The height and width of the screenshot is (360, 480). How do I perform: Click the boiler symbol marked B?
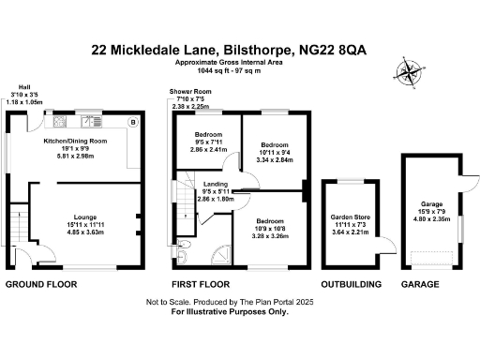coord(132,123)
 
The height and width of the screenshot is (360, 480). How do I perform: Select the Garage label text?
coord(431,203)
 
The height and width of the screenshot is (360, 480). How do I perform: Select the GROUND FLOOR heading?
coord(40,282)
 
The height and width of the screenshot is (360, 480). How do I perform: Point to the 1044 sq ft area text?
coord(212,68)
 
